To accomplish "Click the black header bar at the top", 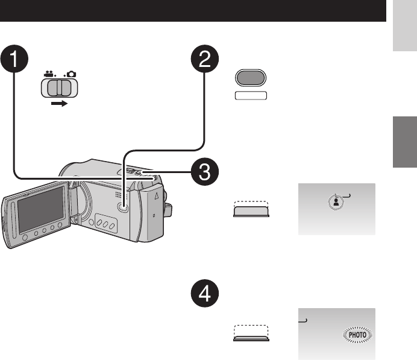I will [193, 11].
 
